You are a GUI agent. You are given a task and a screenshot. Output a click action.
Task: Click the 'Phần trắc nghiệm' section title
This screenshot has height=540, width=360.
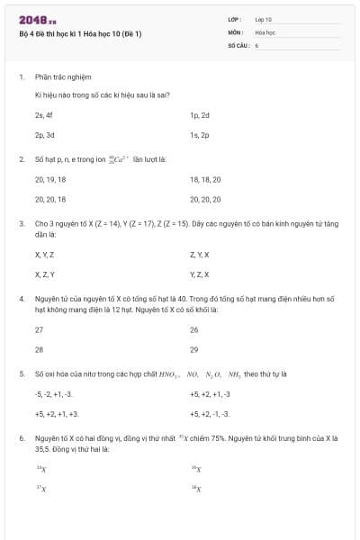click(x=63, y=77)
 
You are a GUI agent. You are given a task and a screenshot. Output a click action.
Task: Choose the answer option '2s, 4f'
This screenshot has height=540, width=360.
click(x=44, y=115)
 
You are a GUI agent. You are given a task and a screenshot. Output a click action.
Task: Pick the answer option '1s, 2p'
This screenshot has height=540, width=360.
click(x=199, y=135)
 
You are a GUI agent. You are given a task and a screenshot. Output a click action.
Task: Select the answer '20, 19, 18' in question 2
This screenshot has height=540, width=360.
click(x=49, y=179)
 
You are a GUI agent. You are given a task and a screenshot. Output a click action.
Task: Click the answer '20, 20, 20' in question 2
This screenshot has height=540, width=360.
click(x=205, y=199)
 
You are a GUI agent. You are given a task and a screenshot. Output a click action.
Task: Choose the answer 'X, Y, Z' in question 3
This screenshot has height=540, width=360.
click(x=44, y=255)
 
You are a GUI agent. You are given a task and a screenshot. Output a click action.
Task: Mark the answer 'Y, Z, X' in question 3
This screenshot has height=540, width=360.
click(x=199, y=274)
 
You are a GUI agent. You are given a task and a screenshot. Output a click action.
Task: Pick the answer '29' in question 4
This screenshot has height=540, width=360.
click(x=194, y=349)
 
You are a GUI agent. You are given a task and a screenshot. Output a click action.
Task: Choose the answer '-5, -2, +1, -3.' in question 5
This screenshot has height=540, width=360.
click(x=54, y=393)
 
